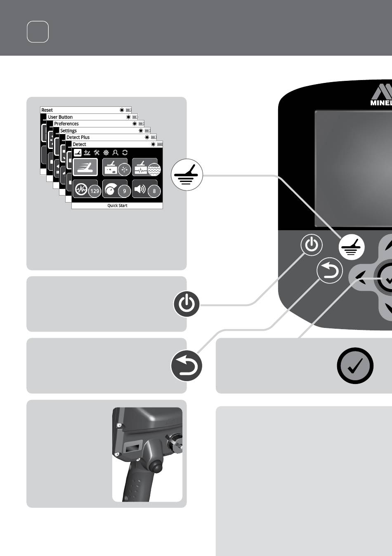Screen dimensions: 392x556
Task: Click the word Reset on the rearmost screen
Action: click(x=47, y=110)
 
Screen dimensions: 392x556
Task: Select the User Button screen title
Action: click(x=60, y=117)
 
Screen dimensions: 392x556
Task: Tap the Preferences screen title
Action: click(x=66, y=124)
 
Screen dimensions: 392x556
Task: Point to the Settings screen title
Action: click(x=68, y=131)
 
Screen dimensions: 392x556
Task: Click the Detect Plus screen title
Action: click(x=78, y=137)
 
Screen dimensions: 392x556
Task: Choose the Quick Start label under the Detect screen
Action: click(x=117, y=205)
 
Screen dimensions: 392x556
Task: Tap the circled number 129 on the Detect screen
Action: click(x=94, y=191)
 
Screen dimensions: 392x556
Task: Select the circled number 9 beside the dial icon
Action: click(x=124, y=191)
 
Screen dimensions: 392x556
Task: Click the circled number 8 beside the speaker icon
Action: click(x=154, y=191)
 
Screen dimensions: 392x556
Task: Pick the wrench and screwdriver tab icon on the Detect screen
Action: click(x=96, y=152)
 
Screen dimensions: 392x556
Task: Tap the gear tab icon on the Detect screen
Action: click(x=106, y=152)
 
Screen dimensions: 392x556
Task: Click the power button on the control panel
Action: click(x=312, y=245)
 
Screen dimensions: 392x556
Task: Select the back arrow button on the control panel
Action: click(x=329, y=270)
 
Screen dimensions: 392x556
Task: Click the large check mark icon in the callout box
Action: click(x=355, y=365)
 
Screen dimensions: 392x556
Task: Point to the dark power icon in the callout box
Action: click(x=187, y=304)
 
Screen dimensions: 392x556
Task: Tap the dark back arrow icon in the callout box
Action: click(x=187, y=365)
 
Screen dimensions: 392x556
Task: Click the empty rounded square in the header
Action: click(x=38, y=32)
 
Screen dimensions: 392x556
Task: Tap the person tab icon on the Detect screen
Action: click(x=115, y=152)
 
